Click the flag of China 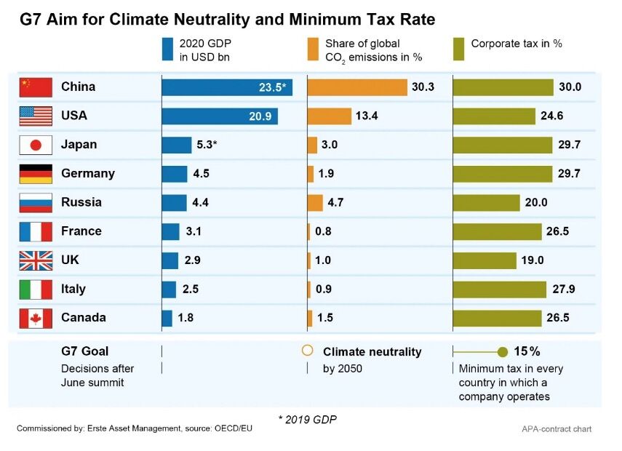(36, 87)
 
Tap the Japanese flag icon (36, 145)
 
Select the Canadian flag (36, 318)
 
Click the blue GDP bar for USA (219, 116)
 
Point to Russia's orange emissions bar (315, 202)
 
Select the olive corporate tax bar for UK (484, 260)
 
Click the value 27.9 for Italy (563, 289)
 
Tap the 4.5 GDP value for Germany (201, 174)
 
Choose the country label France (81, 231)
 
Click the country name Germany (88, 174)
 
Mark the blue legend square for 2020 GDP (167, 49)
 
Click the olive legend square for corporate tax (459, 49)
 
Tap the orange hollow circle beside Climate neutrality (308, 351)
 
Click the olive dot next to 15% (502, 352)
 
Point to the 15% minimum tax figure (527, 351)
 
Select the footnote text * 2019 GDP (308, 419)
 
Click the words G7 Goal (84, 351)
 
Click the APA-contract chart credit (557, 429)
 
